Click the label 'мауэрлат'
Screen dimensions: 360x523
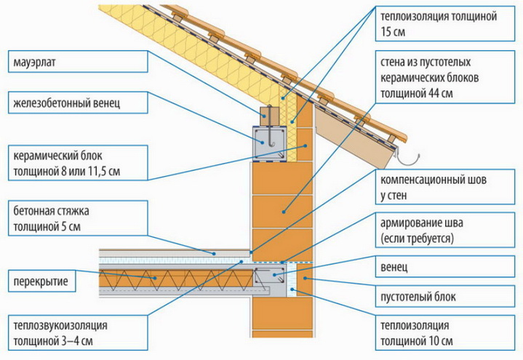click(36, 63)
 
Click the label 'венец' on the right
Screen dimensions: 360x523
click(394, 267)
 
